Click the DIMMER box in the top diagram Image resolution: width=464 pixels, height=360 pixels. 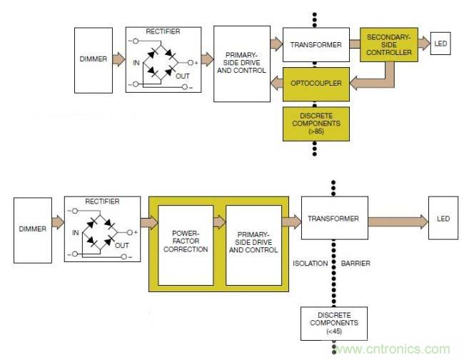click(x=93, y=59)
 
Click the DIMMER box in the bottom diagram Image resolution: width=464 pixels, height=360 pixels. click(x=31, y=229)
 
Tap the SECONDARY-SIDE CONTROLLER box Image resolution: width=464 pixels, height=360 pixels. click(x=388, y=45)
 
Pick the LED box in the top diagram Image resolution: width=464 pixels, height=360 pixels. click(x=440, y=44)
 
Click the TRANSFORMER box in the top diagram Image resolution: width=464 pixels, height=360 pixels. click(x=315, y=44)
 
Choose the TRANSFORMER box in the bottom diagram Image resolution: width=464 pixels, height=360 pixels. click(x=334, y=218)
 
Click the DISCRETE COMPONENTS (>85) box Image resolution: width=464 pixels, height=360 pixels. click(x=316, y=122)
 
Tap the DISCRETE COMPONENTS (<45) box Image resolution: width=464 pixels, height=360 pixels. click(x=333, y=324)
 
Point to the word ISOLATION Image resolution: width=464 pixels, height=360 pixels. click(x=310, y=264)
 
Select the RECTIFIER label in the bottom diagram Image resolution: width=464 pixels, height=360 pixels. click(x=102, y=201)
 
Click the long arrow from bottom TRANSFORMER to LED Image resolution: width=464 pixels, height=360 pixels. click(x=397, y=218)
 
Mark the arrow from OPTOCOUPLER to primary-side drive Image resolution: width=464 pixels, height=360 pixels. click(x=276, y=84)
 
